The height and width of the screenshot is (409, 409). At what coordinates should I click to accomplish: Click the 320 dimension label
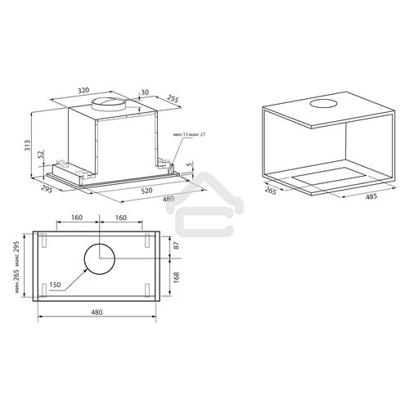point(83,90)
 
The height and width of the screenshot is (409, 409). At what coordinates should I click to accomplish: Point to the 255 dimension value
point(173,98)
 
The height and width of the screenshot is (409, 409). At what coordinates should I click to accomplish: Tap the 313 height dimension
point(28,146)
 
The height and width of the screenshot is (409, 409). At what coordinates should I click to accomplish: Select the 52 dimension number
point(41,155)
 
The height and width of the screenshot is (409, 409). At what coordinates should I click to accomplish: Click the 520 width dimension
point(147,191)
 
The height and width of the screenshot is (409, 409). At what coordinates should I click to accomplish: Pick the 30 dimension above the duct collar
point(145,92)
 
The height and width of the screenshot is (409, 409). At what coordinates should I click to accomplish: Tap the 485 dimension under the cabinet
point(371,196)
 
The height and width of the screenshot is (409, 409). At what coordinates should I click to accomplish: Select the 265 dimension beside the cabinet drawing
point(271,191)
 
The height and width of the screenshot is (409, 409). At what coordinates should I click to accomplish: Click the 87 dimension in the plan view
point(177,245)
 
